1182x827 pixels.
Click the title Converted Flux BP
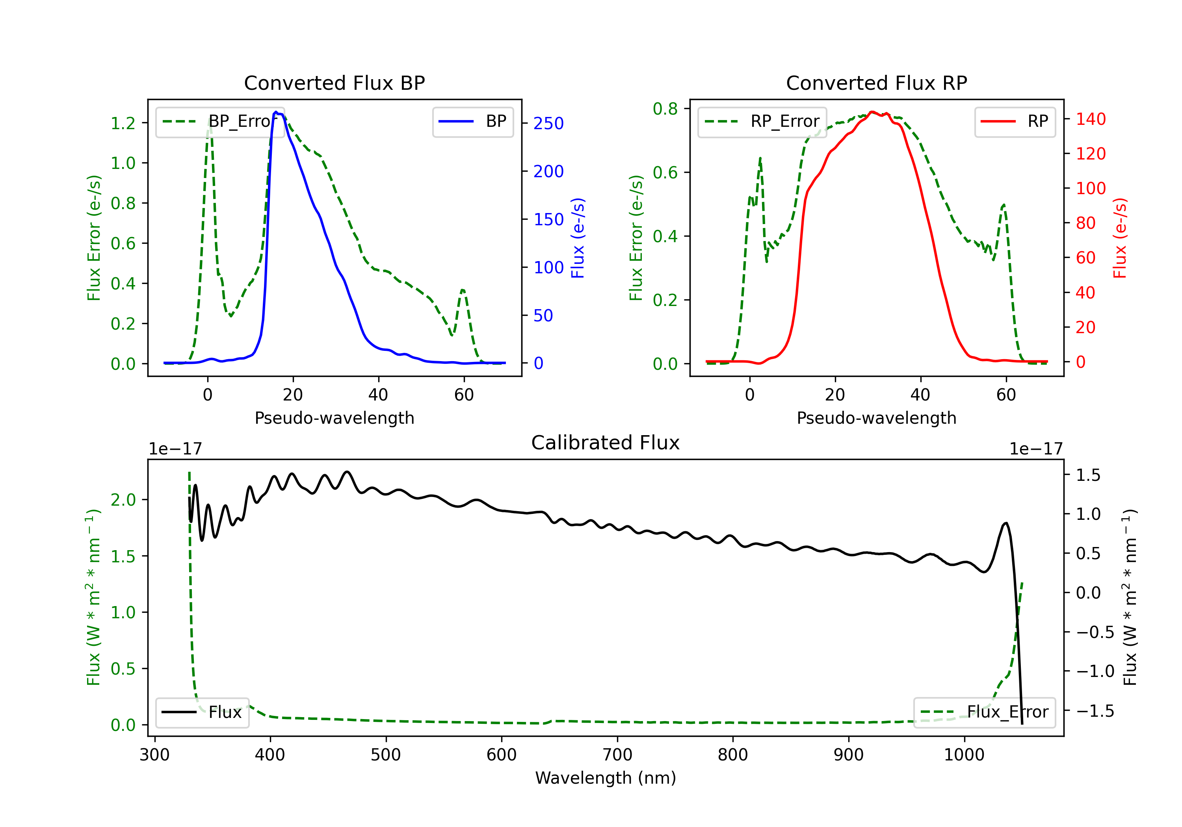[334, 83]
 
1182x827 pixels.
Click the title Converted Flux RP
[876, 83]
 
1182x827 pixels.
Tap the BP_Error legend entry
[220, 121]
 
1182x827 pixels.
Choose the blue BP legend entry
[472, 121]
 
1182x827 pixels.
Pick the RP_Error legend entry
[762, 121]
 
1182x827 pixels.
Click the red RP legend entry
[1015, 121]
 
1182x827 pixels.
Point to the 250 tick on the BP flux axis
[548, 124]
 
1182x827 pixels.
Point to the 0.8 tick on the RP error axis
[665, 109]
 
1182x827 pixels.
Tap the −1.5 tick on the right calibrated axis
[1095, 711]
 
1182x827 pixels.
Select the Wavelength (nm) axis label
[606, 778]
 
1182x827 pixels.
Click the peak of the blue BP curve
[276, 112]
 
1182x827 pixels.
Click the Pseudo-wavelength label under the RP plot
[876, 418]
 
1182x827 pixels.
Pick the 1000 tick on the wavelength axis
[964, 755]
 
